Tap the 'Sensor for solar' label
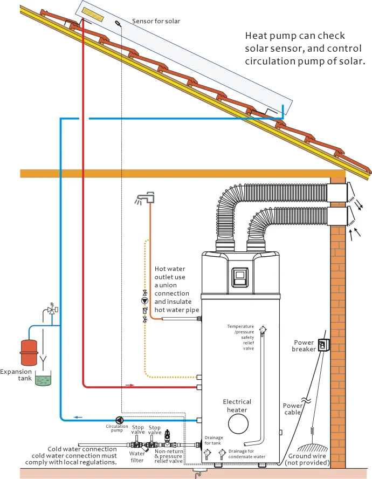156,22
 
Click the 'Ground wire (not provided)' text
308,459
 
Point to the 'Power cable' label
293,409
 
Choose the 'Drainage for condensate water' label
247,454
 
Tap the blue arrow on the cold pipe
78,416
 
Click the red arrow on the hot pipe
130,385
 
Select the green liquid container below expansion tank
41,380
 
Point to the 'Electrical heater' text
237,406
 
